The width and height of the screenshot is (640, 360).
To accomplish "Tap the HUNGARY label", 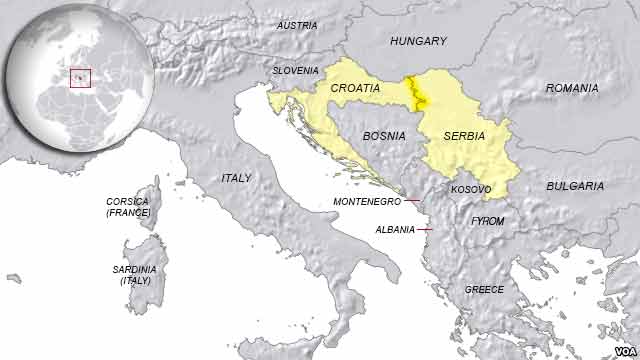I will [417, 41].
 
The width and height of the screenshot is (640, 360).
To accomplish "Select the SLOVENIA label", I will [296, 71].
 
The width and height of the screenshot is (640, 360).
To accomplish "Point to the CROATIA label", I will [355, 88].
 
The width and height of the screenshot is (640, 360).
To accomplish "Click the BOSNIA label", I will [384, 134].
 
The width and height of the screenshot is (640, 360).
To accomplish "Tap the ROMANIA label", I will [571, 89].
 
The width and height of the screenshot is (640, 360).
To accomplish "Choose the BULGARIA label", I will [575, 186].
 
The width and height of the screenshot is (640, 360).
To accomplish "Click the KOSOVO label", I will [471, 189].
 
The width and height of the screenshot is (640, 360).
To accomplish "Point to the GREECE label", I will [484, 289].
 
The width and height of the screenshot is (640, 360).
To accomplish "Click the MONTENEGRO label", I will [366, 201].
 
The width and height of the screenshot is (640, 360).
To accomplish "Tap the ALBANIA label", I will [394, 229].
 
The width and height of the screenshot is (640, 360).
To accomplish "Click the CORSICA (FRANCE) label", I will [128, 207].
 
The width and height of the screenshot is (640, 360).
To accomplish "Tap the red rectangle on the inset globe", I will [80, 77].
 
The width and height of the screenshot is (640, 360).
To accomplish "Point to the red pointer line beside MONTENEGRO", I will [412, 201].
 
